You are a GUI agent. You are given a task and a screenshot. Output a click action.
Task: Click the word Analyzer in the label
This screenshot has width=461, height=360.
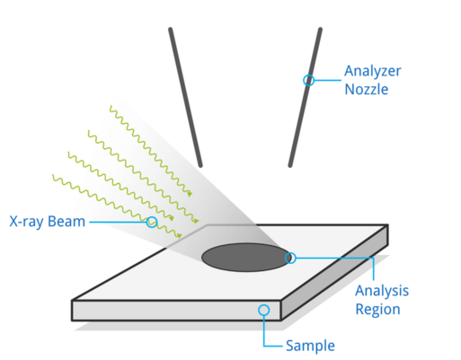[372, 72]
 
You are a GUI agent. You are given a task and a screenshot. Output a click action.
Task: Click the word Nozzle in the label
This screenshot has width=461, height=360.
[367, 89]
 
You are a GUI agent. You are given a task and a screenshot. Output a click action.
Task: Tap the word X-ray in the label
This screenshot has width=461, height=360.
[27, 222]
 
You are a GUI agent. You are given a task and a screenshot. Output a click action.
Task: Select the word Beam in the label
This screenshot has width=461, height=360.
[66, 222]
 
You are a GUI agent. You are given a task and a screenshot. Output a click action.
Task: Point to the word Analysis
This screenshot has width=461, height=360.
[382, 291]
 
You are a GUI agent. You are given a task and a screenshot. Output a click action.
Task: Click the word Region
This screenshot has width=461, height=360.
[377, 309]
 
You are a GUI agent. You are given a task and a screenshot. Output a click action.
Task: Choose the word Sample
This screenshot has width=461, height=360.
[310, 346]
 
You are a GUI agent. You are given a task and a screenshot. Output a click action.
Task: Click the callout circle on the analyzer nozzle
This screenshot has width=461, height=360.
[309, 80]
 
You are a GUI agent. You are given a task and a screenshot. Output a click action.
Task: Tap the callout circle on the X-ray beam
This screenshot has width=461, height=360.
[152, 222]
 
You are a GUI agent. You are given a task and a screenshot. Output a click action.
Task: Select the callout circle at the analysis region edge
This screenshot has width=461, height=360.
[290, 258]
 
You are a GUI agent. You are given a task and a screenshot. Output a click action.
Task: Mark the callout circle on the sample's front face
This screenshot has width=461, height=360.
[264, 310]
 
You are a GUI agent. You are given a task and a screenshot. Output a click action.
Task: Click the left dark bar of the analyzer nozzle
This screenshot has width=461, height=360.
[185, 97]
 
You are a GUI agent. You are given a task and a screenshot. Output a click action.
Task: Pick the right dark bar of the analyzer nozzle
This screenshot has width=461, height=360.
[305, 97]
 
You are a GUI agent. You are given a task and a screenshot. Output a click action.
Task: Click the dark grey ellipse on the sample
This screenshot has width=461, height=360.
[246, 258]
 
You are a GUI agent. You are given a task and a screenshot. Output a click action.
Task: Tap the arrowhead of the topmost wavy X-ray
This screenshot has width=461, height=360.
[190, 194]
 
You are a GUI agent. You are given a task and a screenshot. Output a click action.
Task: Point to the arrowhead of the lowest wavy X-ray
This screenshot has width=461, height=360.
[180, 236]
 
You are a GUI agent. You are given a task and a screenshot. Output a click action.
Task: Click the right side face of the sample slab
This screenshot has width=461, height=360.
[334, 272]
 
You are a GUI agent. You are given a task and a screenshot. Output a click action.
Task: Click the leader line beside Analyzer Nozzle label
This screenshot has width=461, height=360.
[328, 80]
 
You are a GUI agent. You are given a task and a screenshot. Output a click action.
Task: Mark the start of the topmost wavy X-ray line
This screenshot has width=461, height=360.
[111, 106]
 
